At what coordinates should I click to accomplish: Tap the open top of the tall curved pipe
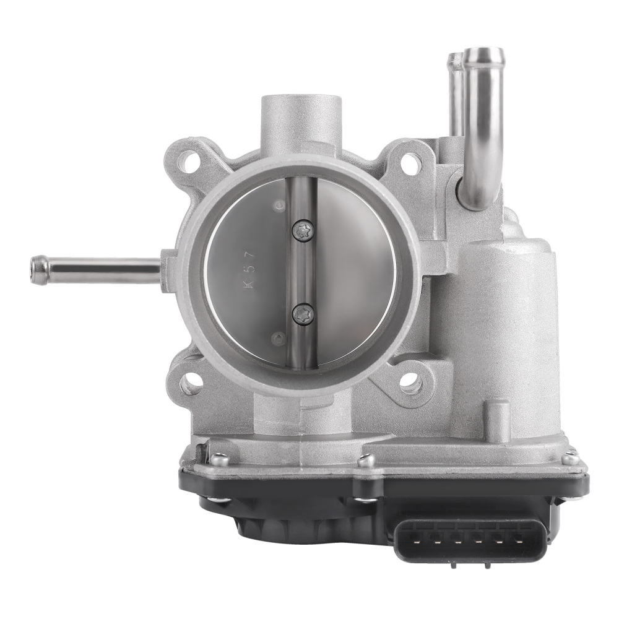click(480, 56)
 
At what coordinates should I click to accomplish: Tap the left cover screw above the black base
click(216, 459)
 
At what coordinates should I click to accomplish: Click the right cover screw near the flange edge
click(571, 459)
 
